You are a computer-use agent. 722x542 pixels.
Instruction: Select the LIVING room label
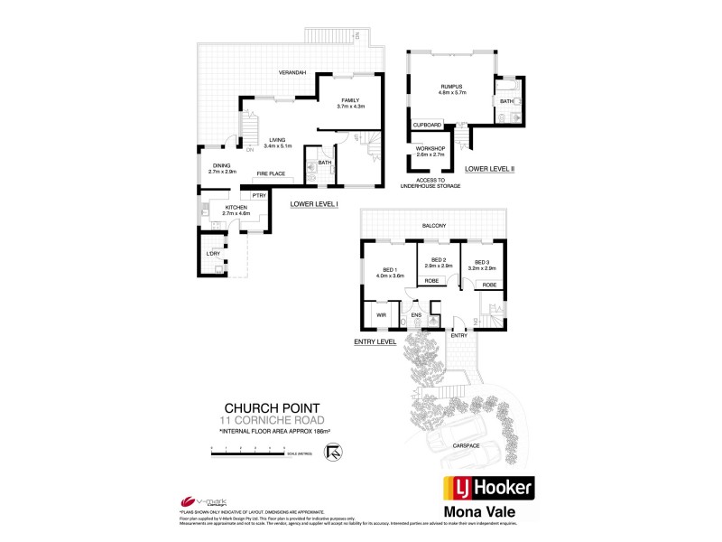pyautogui.click(x=277, y=140)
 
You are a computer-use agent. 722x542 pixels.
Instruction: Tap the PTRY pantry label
pyautogui.click(x=258, y=195)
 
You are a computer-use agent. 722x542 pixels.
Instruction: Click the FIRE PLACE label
pyautogui.click(x=271, y=173)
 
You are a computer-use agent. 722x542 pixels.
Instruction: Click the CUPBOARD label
pyautogui.click(x=428, y=125)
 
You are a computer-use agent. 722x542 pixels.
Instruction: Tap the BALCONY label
pyautogui.click(x=433, y=226)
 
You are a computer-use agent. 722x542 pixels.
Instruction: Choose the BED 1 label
pyautogui.click(x=391, y=270)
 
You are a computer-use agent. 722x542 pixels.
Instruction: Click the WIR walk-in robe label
pyautogui.click(x=381, y=316)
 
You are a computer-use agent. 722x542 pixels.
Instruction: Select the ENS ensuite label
pyautogui.click(x=417, y=315)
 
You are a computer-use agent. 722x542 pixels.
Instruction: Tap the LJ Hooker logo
pyautogui.click(x=488, y=490)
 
